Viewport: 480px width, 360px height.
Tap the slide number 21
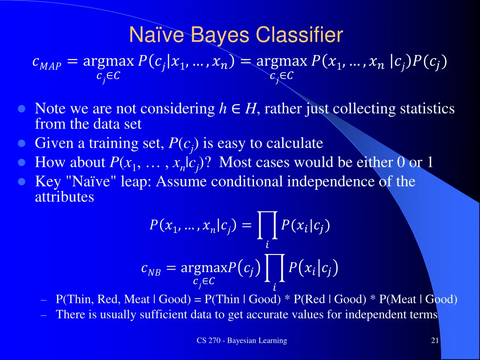[435, 341]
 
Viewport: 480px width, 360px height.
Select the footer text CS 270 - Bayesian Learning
[241, 341]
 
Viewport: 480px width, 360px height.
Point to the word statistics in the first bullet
[427, 109]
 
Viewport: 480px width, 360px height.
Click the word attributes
[65, 197]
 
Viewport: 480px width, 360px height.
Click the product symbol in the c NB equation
[274, 269]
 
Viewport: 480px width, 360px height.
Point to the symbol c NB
[150, 269]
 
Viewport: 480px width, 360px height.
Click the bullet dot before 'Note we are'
[21, 109]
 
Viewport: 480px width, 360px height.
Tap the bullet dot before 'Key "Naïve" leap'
[21, 181]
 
